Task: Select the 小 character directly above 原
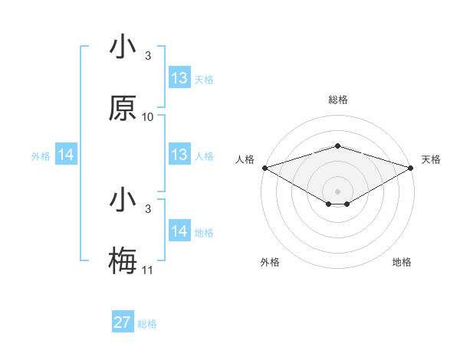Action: (x=123, y=47)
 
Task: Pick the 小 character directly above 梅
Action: (x=123, y=201)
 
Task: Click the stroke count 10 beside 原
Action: (x=148, y=117)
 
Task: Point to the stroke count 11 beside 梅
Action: (x=148, y=270)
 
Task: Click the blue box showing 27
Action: (x=123, y=322)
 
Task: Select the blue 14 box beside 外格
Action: (x=66, y=155)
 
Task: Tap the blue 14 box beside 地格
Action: (x=179, y=231)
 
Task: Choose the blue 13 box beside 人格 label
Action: (x=179, y=155)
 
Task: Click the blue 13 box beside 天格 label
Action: (x=179, y=78)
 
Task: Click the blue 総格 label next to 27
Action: (x=147, y=324)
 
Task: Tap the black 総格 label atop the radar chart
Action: (x=337, y=100)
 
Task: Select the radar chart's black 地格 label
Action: (x=402, y=262)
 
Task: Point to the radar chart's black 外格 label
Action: (x=270, y=262)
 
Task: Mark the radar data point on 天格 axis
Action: (x=411, y=167)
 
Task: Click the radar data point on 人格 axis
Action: (x=264, y=167)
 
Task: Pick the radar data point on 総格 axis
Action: (x=337, y=146)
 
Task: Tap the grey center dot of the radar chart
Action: (x=337, y=191)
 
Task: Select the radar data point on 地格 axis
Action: (x=347, y=204)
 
